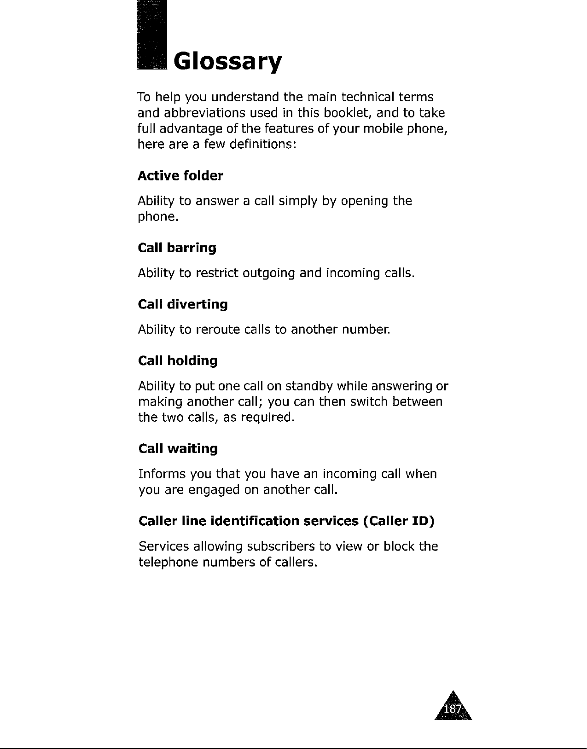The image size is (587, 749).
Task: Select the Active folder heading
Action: pos(180,176)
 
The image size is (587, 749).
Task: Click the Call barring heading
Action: pos(177,248)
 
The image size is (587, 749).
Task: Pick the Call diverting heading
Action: pos(183,304)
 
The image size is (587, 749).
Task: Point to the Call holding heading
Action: pos(178,360)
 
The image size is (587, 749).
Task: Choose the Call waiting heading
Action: pos(178,449)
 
